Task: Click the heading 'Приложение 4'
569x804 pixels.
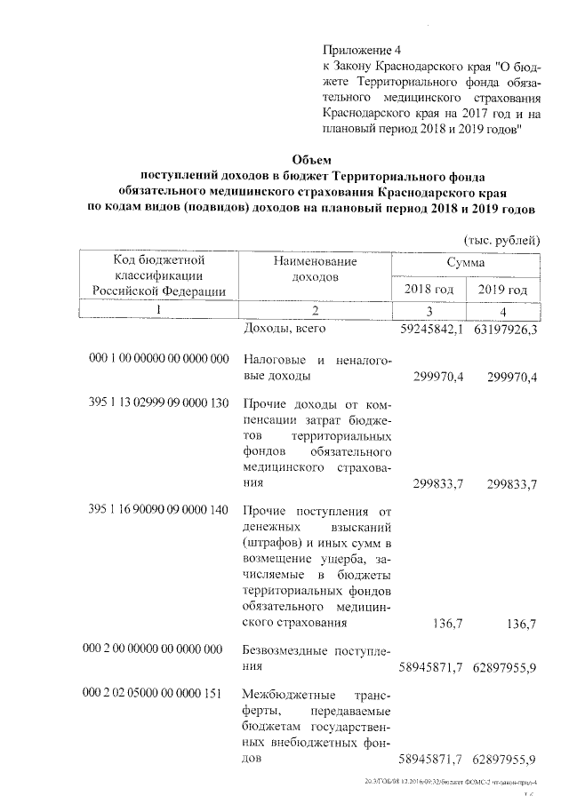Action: point(363,51)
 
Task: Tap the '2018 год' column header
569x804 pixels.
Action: point(429,290)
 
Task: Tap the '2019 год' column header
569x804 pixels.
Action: point(502,290)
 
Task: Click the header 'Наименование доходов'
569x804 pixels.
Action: point(315,269)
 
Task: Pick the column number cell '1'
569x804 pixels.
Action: point(159,310)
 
